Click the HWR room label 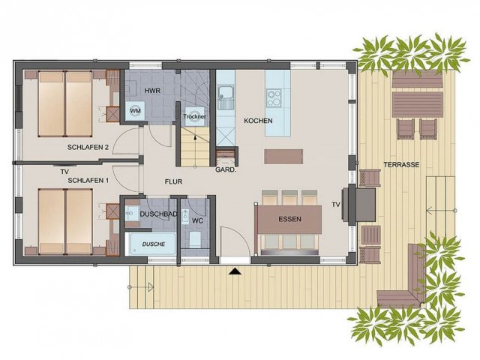tap(152, 91)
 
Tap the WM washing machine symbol tap(135, 110)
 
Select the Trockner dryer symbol tap(194, 116)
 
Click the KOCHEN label tap(258, 121)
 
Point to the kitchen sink tap(226, 97)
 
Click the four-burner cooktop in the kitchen tap(273, 97)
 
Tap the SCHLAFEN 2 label tap(88, 147)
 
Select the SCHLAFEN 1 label tap(88, 181)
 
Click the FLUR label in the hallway tap(173, 181)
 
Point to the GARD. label tap(226, 169)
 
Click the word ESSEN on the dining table tap(289, 219)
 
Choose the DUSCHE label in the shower tap(154, 244)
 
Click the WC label tap(197, 220)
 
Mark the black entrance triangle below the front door tap(235, 271)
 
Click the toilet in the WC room tap(195, 239)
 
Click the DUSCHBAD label tap(158, 214)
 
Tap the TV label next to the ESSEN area tap(336, 205)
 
